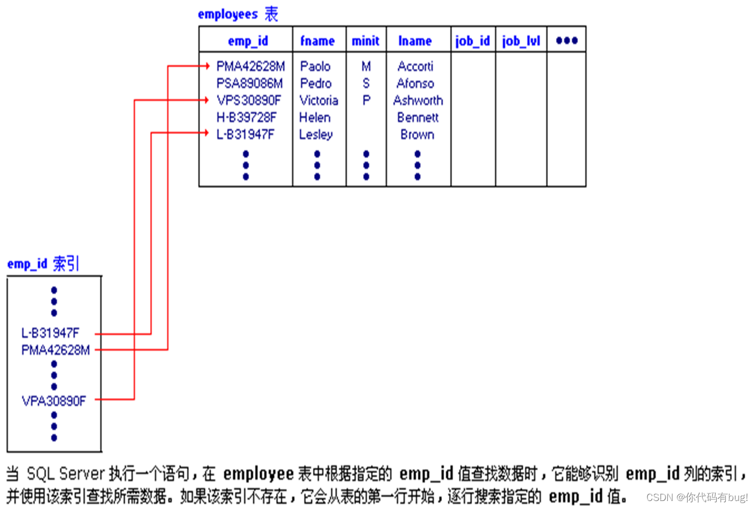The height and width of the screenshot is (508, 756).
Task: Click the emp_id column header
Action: tap(247, 41)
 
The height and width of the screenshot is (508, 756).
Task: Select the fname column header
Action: tap(317, 41)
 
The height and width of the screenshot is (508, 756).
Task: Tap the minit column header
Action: tap(366, 41)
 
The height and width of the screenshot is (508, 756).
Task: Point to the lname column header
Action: tap(415, 41)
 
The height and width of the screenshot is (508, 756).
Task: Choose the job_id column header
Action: tap(472, 41)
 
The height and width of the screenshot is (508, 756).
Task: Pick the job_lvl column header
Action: tap(520, 41)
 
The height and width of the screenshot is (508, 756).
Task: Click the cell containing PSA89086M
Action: tap(249, 83)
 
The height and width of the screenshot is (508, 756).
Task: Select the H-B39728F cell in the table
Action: tap(246, 117)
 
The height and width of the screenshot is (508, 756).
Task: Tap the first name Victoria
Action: tap(318, 101)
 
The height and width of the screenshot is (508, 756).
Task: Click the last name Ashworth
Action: tap(418, 101)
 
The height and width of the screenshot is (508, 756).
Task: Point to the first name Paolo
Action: tap(315, 66)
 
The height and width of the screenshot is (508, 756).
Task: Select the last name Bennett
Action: tap(418, 117)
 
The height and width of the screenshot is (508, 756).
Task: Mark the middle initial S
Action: tap(366, 83)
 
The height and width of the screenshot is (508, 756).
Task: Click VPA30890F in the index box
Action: tap(54, 401)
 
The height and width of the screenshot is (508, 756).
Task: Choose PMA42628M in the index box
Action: tap(55, 350)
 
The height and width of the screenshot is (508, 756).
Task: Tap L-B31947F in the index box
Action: tap(50, 333)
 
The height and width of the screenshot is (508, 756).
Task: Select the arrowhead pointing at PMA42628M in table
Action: tap(206, 66)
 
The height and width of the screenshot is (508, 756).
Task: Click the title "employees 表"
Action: tap(238, 14)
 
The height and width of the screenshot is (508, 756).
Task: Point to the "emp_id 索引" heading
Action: tap(43, 264)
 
